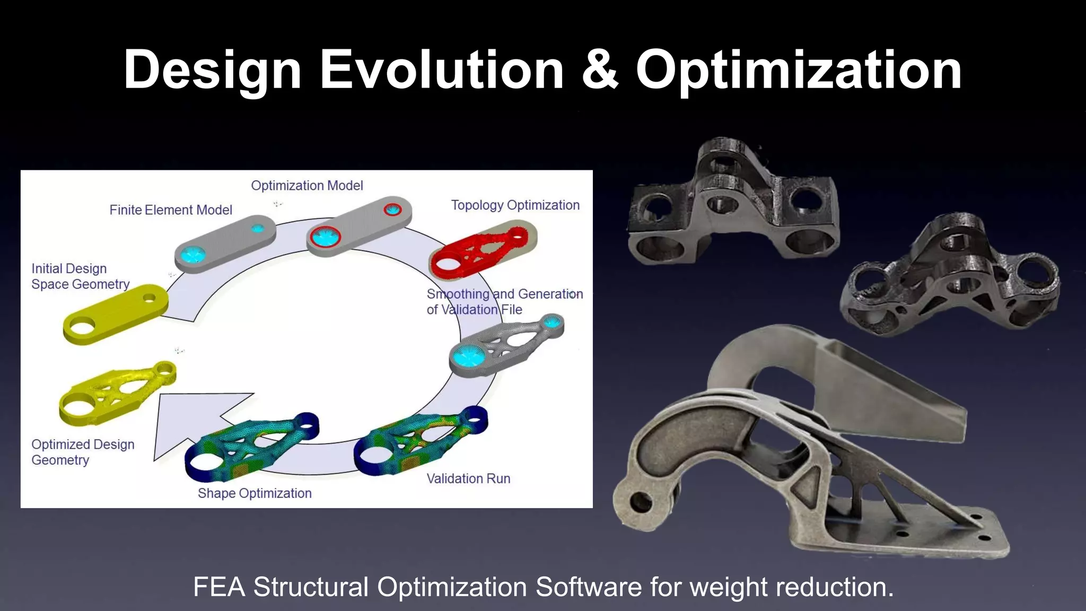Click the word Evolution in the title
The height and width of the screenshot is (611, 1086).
point(442,71)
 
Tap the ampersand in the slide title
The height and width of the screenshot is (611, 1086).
point(600,71)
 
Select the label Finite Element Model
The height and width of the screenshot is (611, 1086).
point(171,210)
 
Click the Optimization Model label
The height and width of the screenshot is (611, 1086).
point(307,186)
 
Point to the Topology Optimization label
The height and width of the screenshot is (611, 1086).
point(515,205)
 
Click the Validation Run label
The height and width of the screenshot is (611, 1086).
point(468,478)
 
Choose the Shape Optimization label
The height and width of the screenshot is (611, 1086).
point(255,493)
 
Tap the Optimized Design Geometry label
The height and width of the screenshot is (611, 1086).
point(83,452)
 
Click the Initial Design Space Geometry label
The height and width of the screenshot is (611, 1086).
point(80,276)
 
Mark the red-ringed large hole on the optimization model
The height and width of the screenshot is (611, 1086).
point(325,237)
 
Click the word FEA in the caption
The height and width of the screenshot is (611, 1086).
point(219,587)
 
